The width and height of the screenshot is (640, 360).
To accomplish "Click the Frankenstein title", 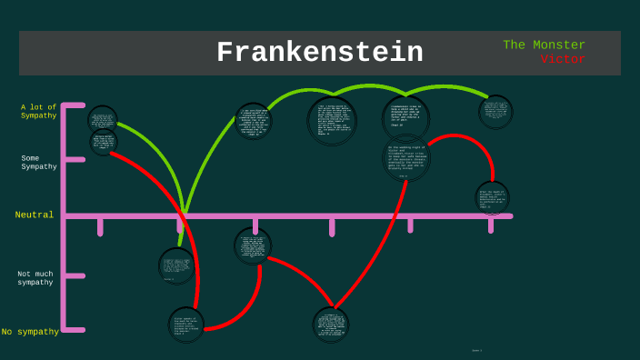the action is tap(319, 53).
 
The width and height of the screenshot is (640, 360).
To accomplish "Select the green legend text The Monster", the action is tap(544, 45).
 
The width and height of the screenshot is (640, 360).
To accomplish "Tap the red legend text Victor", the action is tap(563, 59).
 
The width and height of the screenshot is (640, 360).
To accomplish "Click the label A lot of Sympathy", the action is tap(39, 111).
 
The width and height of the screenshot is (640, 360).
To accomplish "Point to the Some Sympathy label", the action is tap(39, 162).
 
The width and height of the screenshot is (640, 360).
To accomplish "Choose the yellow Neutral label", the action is tap(35, 215).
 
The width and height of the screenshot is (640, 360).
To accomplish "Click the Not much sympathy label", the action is tap(35, 277).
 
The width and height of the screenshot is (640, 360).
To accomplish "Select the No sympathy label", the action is tap(30, 332).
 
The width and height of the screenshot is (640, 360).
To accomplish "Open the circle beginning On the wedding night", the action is tap(406, 157).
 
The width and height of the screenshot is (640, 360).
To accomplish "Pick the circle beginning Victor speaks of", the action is tap(186, 325).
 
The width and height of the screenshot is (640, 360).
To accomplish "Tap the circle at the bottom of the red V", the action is tap(330, 325).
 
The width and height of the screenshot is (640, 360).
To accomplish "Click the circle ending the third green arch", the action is tap(495, 112).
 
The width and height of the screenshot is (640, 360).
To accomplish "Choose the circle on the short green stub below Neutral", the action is tap(176, 265).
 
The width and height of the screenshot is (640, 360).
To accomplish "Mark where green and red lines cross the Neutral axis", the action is tap(185, 215).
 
